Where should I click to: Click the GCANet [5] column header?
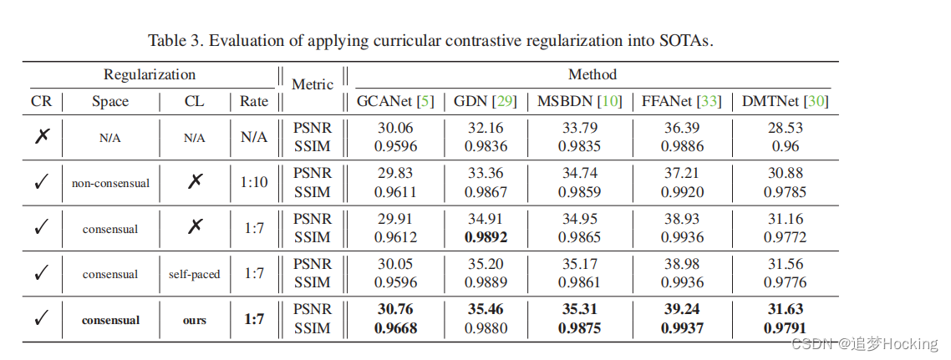tap(389, 102)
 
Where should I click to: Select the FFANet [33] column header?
tap(681, 102)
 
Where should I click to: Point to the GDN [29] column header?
tap(485, 102)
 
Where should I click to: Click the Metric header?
tap(313, 84)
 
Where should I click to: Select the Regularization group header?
tap(150, 74)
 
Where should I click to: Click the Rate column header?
tap(254, 102)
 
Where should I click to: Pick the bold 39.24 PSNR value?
tap(681, 309)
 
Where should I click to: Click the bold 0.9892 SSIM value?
tap(485, 236)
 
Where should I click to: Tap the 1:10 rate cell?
tap(254, 181)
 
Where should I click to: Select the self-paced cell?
tap(194, 274)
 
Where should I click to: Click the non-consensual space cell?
tap(110, 182)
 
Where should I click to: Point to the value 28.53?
tap(785, 128)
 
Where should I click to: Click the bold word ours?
tap(194, 320)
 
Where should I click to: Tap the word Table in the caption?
tap(167, 40)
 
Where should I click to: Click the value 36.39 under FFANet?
tap(681, 128)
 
